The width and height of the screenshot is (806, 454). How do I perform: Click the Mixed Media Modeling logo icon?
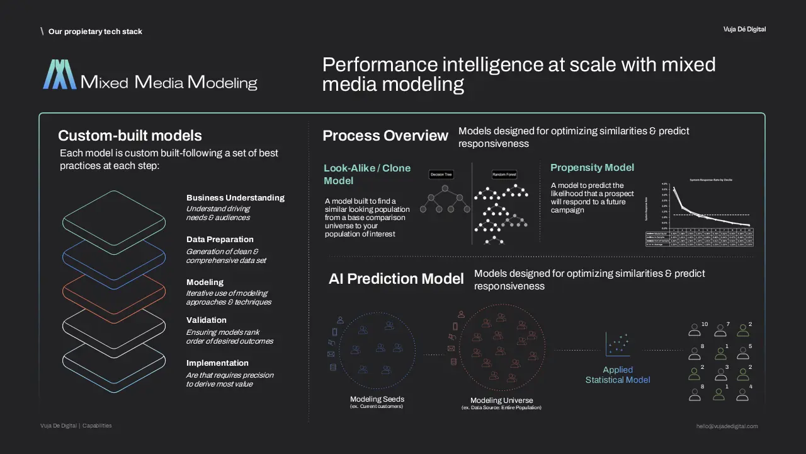pos(60,74)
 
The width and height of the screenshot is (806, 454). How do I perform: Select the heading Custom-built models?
pos(130,136)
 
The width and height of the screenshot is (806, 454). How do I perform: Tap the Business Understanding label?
pos(236,198)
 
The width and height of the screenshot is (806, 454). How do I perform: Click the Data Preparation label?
pos(220,240)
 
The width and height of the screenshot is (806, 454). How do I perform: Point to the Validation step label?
pos(207,320)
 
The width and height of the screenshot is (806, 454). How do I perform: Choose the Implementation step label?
pos(217,363)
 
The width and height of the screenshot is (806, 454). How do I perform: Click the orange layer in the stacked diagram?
pos(113,291)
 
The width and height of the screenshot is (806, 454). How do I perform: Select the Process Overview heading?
pos(385,136)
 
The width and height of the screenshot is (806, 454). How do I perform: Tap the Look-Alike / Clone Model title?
pos(367,174)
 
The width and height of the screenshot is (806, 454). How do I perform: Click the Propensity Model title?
pos(592,168)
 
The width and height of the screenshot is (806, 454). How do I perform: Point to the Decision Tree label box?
pos(441,174)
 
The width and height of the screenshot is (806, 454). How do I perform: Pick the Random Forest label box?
pos(504,174)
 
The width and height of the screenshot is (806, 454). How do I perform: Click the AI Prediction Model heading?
pos(396,279)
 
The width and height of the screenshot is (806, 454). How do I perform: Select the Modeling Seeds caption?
pos(377,399)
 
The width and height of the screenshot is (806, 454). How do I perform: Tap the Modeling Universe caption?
pos(501,400)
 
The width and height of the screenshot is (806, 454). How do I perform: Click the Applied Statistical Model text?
pos(618,375)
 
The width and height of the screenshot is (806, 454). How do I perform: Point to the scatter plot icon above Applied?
pos(617,344)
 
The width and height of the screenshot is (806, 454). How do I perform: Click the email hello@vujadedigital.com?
pos(727,426)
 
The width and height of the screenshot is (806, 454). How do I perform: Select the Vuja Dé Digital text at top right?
pos(744,30)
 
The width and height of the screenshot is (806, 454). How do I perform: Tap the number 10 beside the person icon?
pos(705,324)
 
